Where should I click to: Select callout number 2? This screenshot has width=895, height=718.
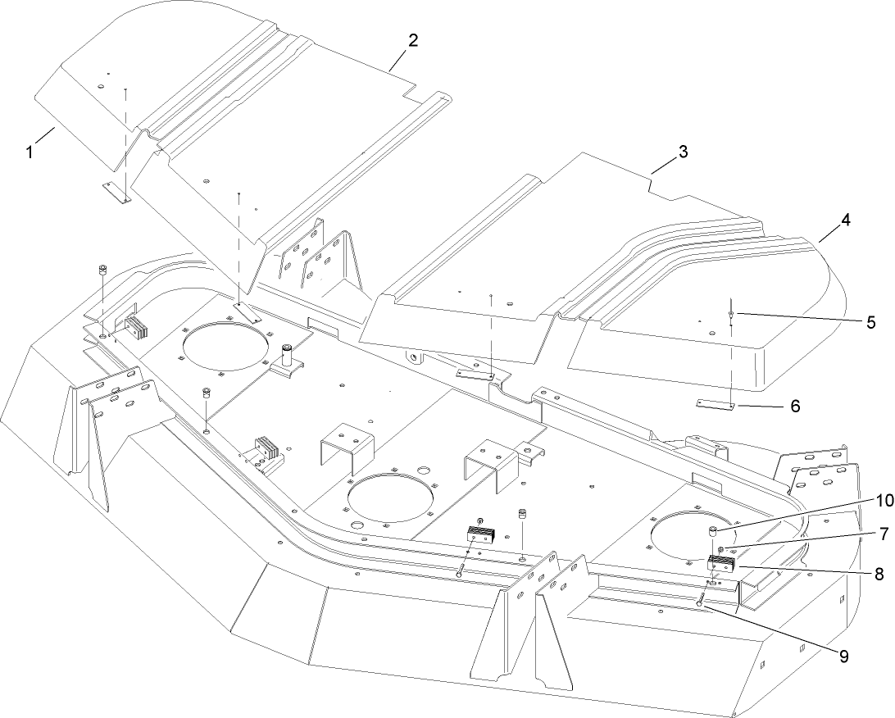pos(413,40)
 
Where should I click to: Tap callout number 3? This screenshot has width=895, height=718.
pos(682,152)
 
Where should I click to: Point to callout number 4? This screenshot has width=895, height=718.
pos(844,220)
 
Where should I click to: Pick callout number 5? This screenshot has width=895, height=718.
pos(870,322)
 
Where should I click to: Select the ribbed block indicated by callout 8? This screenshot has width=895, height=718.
pos(722,563)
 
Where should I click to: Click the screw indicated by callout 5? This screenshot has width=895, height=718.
pos(729,315)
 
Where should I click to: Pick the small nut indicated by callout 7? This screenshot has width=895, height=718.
pos(743,549)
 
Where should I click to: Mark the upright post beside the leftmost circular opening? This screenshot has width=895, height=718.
pos(288,357)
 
